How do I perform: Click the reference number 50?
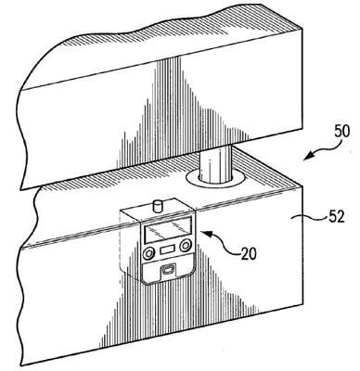pos(342,131)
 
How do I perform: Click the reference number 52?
pos(336,217)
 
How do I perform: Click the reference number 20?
pos(249,253)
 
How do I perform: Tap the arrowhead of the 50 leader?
pos(308,156)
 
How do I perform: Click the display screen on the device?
pos(167,229)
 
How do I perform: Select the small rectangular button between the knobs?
pos(167,249)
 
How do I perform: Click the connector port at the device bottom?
pos(168,270)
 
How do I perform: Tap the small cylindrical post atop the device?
pos(159,206)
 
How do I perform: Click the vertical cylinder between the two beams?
pos(216,164)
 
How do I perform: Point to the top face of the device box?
pos(158,210)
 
